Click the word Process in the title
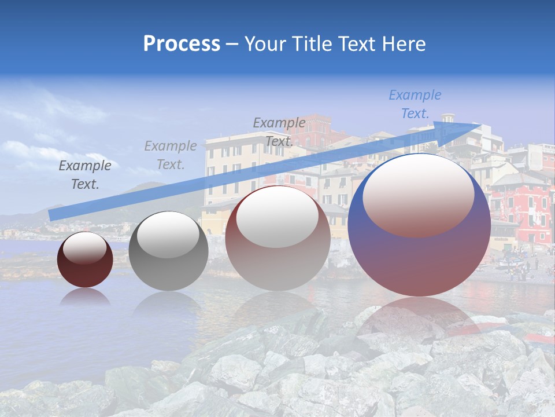coord(182,43)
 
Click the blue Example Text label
coord(415,104)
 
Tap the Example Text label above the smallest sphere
coord(85,175)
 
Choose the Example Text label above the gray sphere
coord(171,155)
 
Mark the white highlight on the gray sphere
coord(168,234)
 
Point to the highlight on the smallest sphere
coord(85,248)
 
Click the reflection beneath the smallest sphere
coord(85,297)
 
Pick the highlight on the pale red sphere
coord(277,217)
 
